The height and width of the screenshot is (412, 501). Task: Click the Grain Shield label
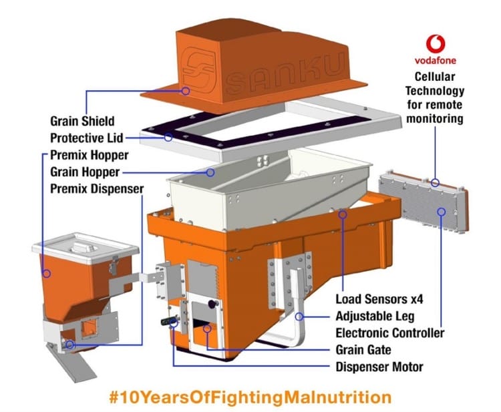coord(82,122)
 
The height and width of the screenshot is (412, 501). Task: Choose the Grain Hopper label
coord(84,172)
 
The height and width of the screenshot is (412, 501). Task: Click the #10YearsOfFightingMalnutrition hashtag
coord(250,397)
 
